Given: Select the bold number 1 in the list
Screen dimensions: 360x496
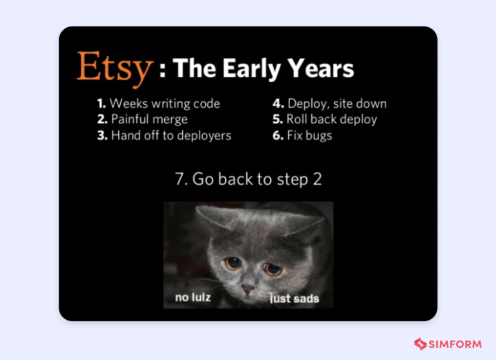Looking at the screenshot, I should tap(101, 103).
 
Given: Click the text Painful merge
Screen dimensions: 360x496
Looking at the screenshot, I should tap(149, 120).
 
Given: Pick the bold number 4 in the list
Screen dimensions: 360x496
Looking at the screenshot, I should tap(278, 103).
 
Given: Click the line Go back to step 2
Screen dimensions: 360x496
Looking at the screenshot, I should tap(248, 179).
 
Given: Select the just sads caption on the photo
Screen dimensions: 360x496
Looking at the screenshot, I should tap(294, 299).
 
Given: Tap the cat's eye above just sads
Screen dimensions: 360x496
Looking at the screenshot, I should tap(273, 267).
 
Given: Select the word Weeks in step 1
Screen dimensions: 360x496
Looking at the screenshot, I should tap(127, 103).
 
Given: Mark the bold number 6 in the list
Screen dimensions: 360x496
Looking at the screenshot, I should tap(278, 136).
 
